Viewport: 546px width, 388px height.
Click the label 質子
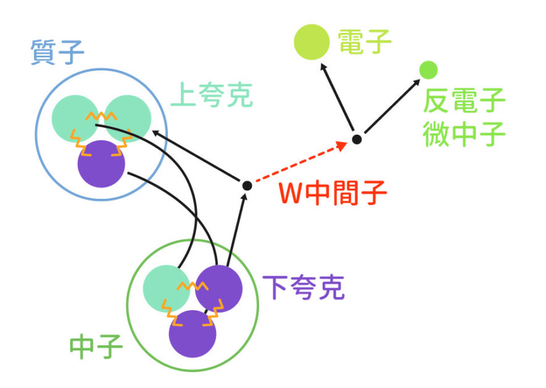coord(57,54)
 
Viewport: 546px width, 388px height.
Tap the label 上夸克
coord(211,96)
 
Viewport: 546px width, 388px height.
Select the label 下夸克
coord(303,287)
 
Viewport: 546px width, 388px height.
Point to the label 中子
coord(96,347)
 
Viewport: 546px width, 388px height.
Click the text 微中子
coord(464,134)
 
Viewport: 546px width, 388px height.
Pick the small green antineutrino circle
coord(428,70)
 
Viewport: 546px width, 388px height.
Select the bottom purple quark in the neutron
coord(192,334)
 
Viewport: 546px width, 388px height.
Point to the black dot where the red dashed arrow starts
coord(247,185)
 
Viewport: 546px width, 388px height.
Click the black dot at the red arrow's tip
coord(357,140)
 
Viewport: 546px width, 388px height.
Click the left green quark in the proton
coord(73,116)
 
